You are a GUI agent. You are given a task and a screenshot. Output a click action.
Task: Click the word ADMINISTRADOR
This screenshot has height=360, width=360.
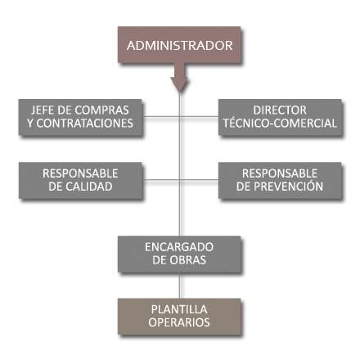point(179,46)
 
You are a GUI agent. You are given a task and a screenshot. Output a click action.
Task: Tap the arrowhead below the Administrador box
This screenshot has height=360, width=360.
point(179,84)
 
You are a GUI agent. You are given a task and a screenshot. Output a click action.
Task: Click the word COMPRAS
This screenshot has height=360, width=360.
point(101,110)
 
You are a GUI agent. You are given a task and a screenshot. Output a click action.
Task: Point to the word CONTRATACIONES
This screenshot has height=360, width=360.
point(85,124)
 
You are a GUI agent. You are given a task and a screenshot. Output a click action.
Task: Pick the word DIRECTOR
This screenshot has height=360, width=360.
point(280,110)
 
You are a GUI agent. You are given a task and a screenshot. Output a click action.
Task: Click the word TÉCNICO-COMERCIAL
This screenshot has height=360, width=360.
point(280,123)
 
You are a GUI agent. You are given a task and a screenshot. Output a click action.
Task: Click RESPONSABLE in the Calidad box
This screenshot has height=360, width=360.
point(80,173)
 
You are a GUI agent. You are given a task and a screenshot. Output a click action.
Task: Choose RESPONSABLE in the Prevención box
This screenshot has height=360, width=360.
point(280,173)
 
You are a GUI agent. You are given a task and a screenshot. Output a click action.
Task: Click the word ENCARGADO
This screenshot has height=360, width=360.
point(179,247)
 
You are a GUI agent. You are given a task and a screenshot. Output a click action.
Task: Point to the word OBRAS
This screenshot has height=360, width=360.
point(188,260)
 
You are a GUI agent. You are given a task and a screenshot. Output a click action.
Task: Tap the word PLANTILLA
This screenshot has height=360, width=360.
point(179,309)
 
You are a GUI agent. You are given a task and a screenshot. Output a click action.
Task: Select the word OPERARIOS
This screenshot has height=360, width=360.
point(179,322)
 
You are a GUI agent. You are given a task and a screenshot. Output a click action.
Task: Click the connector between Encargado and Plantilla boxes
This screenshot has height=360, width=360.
point(179,286)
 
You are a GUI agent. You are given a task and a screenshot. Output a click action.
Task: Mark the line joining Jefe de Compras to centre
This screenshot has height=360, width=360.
point(161,117)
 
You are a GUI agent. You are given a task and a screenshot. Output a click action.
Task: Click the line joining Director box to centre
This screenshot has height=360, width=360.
point(199,117)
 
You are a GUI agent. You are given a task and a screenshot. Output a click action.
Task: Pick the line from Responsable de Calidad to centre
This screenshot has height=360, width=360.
point(161,180)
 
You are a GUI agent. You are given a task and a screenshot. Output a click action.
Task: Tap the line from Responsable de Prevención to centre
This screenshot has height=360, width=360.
point(199,180)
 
